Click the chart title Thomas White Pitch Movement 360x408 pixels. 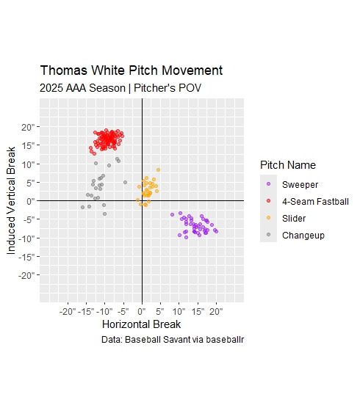click(131, 71)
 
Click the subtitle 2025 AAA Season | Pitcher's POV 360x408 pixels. click(121, 88)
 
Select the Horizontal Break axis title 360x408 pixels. click(141, 324)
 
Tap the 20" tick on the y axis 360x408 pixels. click(27, 127)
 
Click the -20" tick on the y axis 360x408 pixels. click(25, 275)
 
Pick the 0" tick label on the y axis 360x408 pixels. click(29, 201)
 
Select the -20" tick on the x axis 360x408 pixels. click(68, 310)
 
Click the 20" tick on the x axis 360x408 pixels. click(216, 310)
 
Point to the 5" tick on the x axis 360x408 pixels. click(160, 310)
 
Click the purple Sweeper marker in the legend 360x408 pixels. click(269, 184)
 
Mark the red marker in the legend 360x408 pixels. click(269, 201)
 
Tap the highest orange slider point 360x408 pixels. click(158, 170)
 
